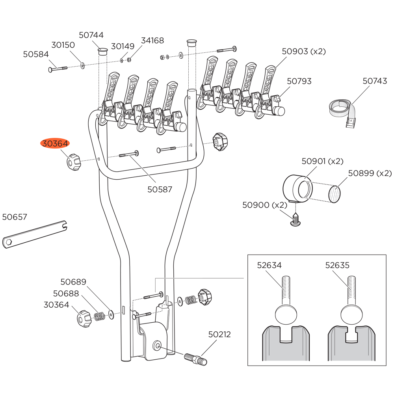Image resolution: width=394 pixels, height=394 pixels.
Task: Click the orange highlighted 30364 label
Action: point(55,144)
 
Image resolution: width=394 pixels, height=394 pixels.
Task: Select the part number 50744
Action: point(91,35)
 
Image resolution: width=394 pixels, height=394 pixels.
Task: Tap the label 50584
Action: point(35,54)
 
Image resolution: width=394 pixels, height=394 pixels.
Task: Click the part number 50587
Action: point(160,189)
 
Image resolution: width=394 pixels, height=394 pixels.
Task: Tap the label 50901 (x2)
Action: point(322,161)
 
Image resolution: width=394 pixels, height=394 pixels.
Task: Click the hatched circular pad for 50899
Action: point(334,194)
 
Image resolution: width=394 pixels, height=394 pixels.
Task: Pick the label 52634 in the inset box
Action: point(269,265)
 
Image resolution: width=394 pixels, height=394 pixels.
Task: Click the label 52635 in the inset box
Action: point(337,265)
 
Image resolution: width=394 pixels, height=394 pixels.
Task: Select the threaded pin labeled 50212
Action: point(195,359)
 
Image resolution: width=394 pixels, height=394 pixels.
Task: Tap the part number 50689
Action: point(73,282)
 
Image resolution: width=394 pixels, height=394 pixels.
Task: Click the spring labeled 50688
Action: point(99,316)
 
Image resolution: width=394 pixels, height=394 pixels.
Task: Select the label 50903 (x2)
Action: point(304,51)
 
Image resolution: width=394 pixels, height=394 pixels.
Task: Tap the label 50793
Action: point(299,81)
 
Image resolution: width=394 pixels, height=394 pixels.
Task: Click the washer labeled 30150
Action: point(82,65)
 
